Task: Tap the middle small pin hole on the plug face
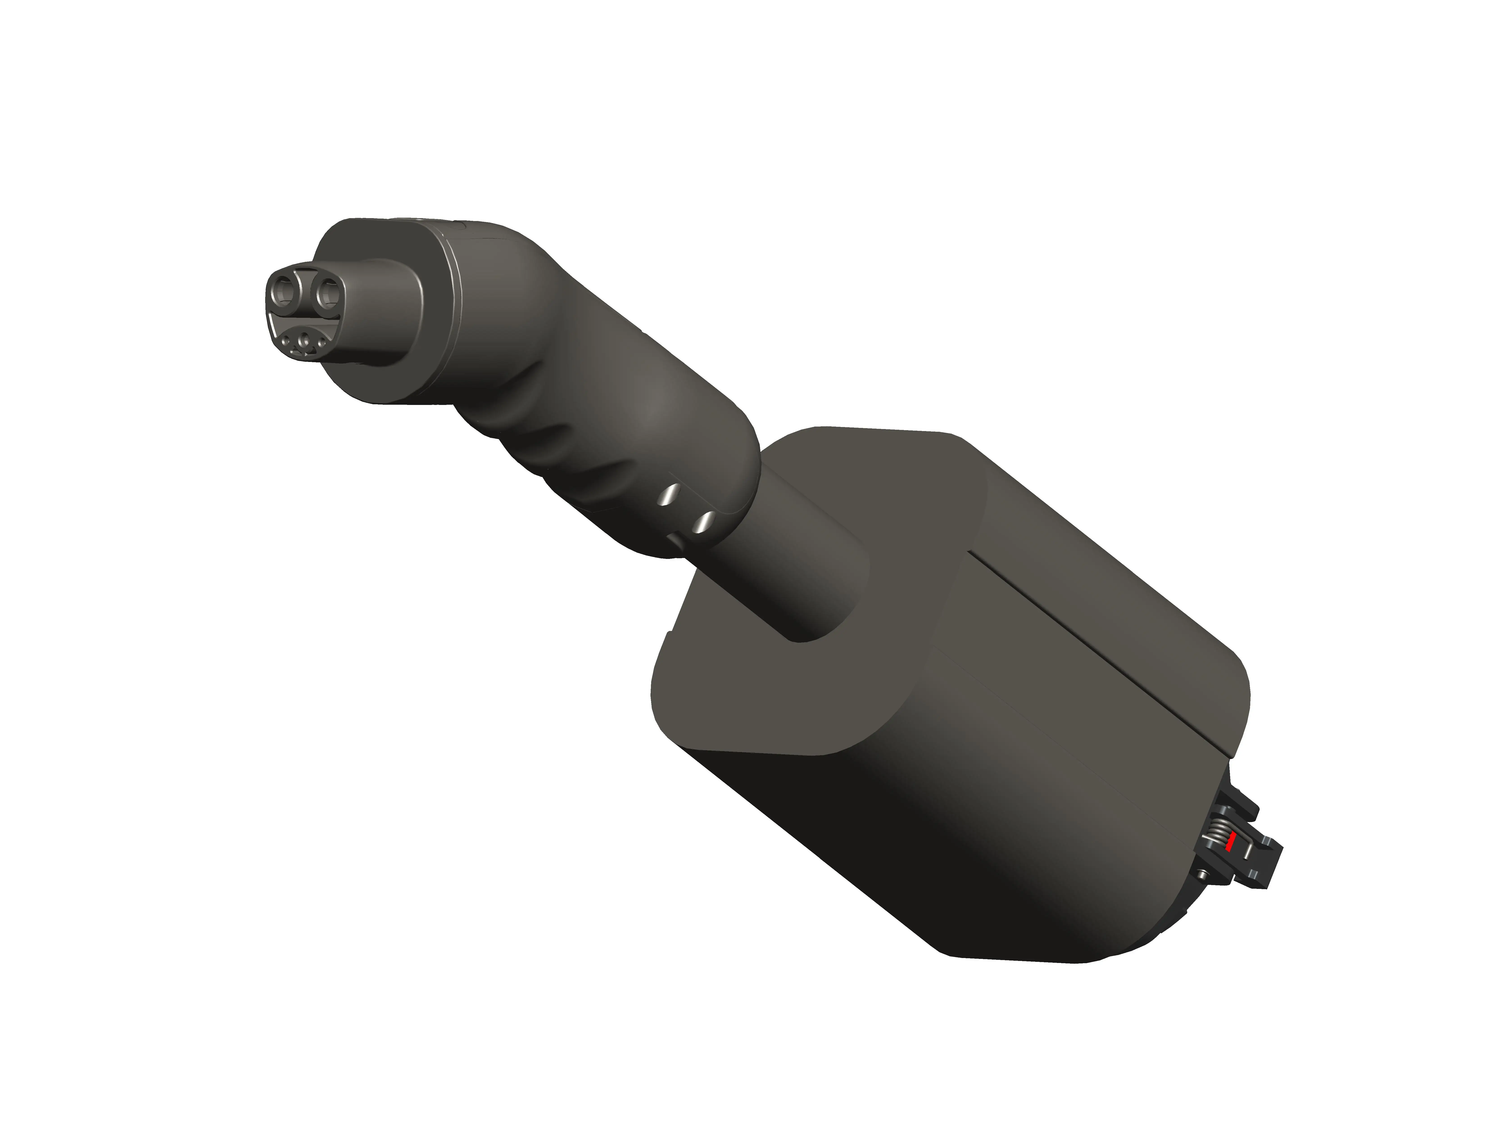pos(304,340)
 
